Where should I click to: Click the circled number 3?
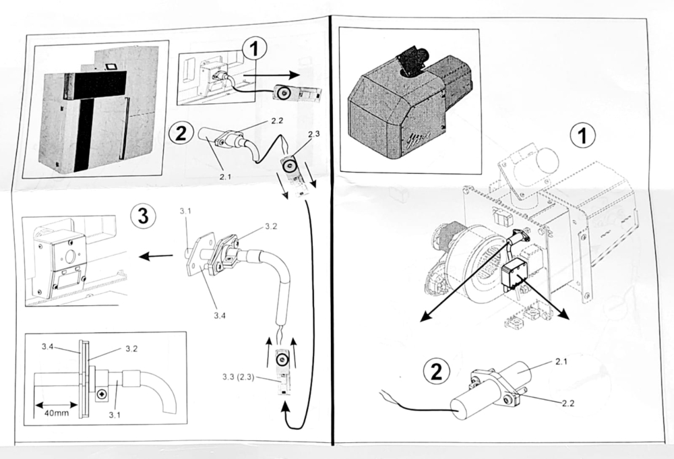pos(142,216)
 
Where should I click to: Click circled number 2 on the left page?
pos(179,131)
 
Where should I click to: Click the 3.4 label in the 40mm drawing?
pos(47,347)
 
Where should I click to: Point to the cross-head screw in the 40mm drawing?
pos(102,392)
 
